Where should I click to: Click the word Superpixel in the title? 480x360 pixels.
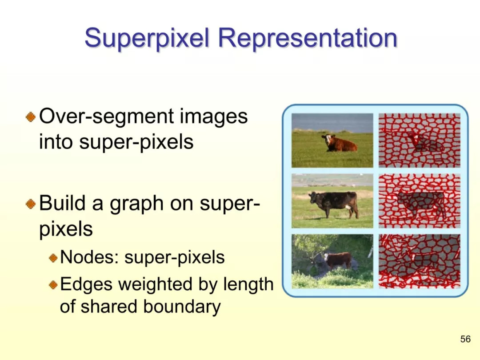point(147,39)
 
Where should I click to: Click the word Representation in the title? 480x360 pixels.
point(308,38)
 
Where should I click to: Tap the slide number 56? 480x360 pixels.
point(465,339)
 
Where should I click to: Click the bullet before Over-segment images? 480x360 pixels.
point(31,116)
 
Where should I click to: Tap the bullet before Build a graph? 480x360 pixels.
point(31,204)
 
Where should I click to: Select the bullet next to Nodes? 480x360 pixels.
point(53,257)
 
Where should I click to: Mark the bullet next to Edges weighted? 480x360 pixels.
point(53,285)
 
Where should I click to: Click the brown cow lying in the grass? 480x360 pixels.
point(340,143)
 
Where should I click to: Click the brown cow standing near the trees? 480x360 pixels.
point(338,260)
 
